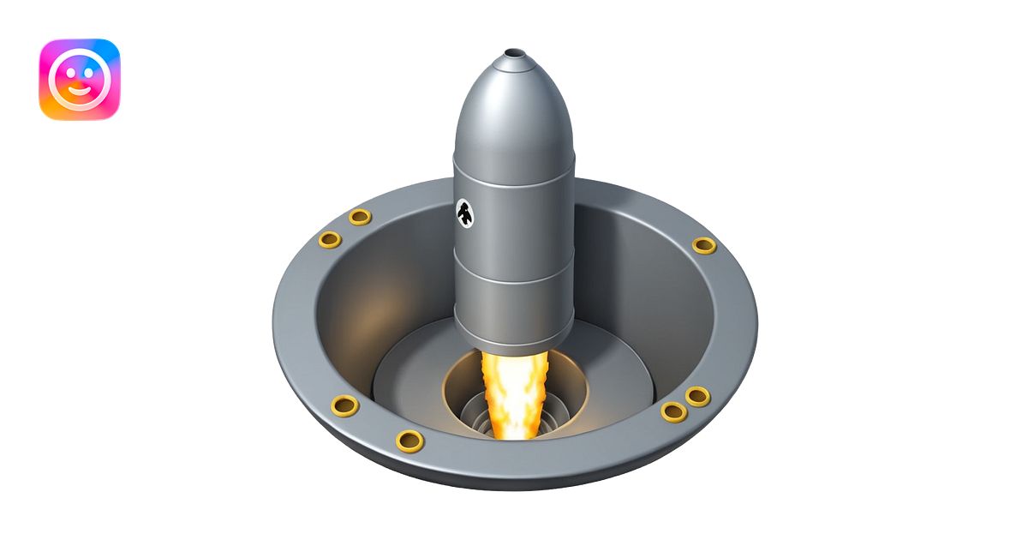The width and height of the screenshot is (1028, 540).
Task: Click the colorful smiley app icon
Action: pyautogui.click(x=80, y=79)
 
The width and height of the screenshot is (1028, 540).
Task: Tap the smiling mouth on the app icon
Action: pyautogui.click(x=80, y=89)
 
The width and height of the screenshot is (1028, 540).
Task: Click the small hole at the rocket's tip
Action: pyautogui.click(x=514, y=54)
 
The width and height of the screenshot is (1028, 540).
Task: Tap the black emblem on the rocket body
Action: pyautogui.click(x=463, y=213)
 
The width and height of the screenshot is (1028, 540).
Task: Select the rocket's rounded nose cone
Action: pyautogui.click(x=513, y=111)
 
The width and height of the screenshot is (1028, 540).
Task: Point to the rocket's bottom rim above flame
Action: pyautogui.click(x=514, y=347)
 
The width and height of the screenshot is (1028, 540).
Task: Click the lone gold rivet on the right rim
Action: pyautogui.click(x=703, y=246)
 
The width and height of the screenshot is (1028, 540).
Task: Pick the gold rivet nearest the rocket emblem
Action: pyautogui.click(x=360, y=217)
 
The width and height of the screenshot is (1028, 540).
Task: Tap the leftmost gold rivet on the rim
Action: pyautogui.click(x=330, y=239)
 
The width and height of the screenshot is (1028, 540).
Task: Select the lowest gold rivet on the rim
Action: pyautogui.click(x=410, y=441)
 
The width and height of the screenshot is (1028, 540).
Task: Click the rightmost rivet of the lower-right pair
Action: pyautogui.click(x=697, y=396)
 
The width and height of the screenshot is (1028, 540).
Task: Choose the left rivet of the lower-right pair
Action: pyautogui.click(x=674, y=411)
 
